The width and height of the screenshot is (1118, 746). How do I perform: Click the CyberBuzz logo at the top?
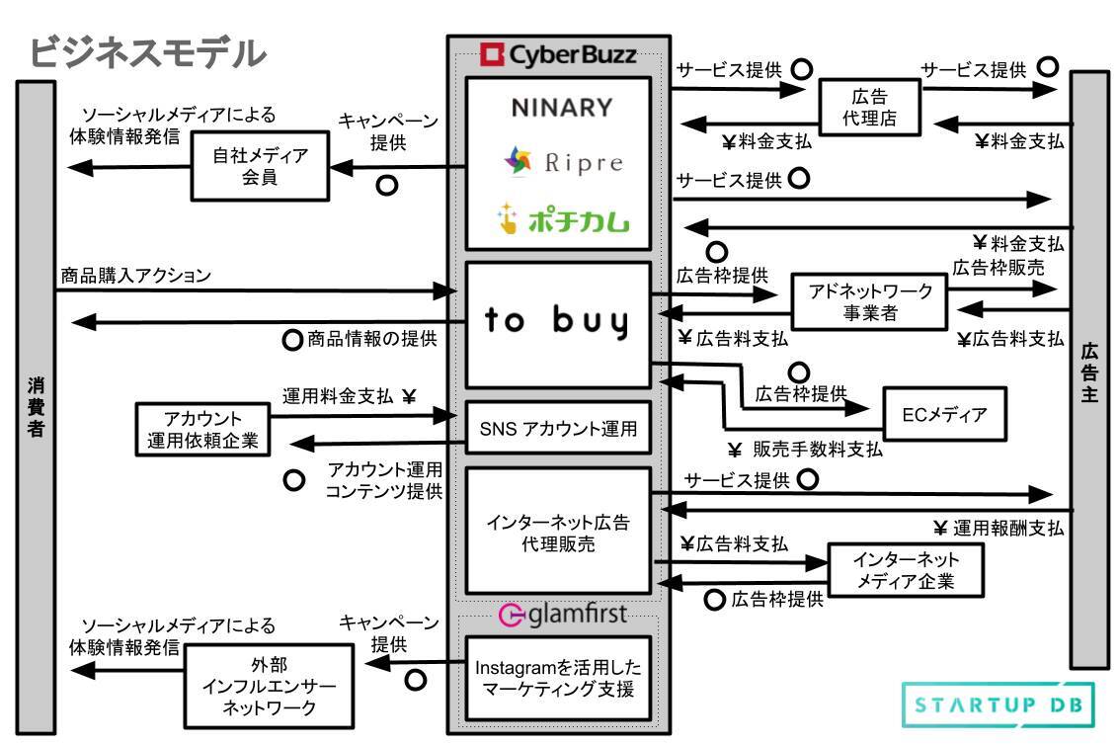[557, 54]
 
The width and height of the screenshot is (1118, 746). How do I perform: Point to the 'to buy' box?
[558, 324]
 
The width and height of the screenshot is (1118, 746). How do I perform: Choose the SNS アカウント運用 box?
[558, 430]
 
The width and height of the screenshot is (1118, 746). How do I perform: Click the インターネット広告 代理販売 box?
[558, 532]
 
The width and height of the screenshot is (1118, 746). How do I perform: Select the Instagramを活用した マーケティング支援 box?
[559, 677]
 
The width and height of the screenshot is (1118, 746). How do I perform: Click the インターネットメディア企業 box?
[906, 570]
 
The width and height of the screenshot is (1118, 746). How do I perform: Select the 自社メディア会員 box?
[260, 165]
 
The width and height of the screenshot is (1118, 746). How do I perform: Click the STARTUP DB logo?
[998, 705]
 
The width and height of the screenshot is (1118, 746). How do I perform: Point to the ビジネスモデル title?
[148, 52]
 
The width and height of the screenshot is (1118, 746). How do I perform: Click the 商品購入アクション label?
[135, 276]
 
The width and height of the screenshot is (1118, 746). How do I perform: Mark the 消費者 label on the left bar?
[35, 405]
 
